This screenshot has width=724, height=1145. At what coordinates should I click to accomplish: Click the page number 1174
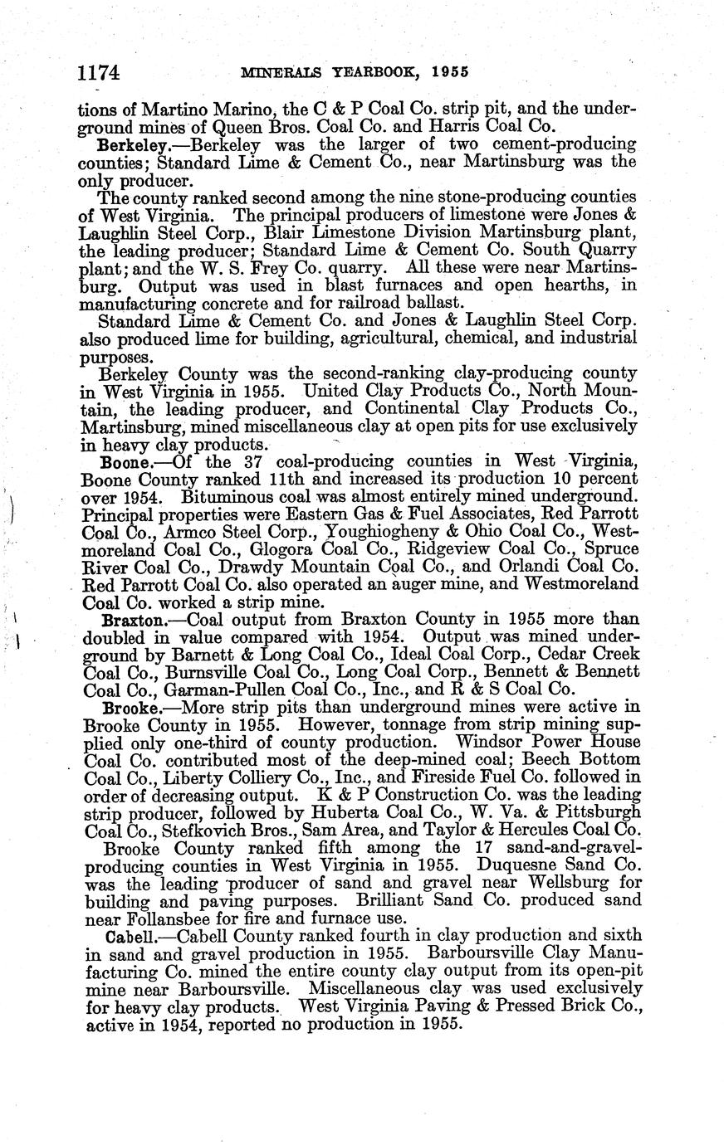click(99, 72)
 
